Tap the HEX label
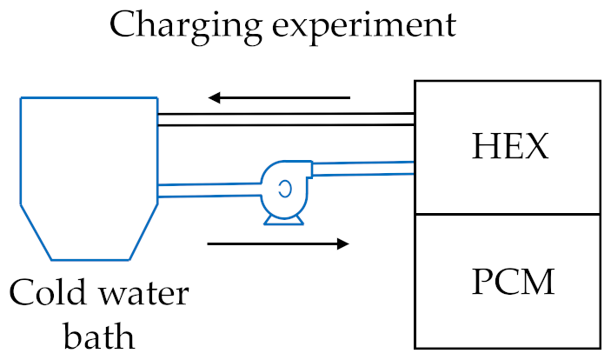point(510,147)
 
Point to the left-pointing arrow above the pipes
point(279,97)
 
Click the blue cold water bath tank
point(88,174)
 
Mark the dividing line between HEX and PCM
point(508,214)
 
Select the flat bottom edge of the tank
point(88,260)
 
